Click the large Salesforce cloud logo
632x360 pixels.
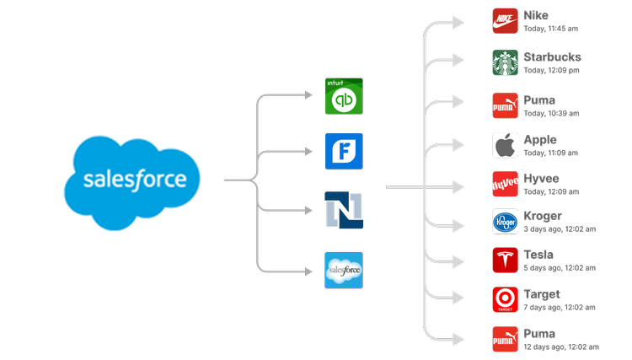pos(135,180)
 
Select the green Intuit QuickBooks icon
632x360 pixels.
pos(344,96)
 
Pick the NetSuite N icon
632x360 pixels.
pos(344,209)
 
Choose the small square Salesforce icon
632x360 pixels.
pos(344,270)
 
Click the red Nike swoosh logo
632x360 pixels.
pos(505,21)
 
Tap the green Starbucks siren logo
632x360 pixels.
pos(505,63)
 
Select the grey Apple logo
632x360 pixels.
pos(505,145)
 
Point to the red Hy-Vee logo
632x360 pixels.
pos(505,183)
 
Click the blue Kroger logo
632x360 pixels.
pos(505,221)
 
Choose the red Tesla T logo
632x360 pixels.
pos(505,260)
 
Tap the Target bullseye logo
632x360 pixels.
pos(505,299)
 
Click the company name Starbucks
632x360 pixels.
pos(552,57)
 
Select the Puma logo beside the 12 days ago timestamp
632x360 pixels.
pos(505,339)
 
